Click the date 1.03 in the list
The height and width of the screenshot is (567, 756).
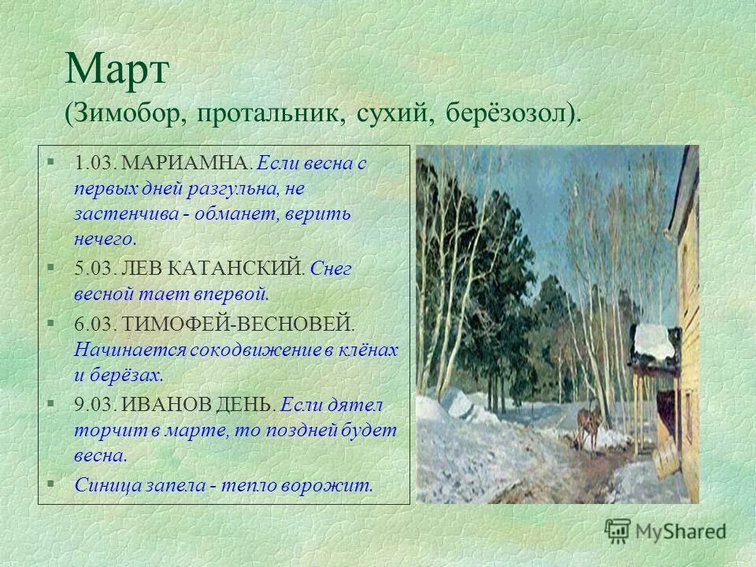tap(94, 165)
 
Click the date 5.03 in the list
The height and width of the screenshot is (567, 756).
tap(94, 269)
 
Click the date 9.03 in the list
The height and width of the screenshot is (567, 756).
tap(94, 405)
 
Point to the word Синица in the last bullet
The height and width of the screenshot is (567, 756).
tap(107, 484)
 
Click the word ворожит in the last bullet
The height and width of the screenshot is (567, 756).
tap(336, 484)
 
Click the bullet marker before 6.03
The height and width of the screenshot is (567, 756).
tap(50, 322)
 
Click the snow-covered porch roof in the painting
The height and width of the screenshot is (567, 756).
tap(655, 340)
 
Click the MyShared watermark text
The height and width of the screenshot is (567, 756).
tap(682, 532)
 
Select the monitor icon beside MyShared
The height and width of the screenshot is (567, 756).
tap(618, 531)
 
